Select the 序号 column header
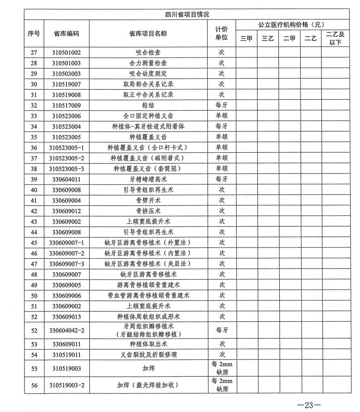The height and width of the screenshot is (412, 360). click(x=34, y=33)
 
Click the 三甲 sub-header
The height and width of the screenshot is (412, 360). click(x=246, y=39)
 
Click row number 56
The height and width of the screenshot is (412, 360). click(x=34, y=385)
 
